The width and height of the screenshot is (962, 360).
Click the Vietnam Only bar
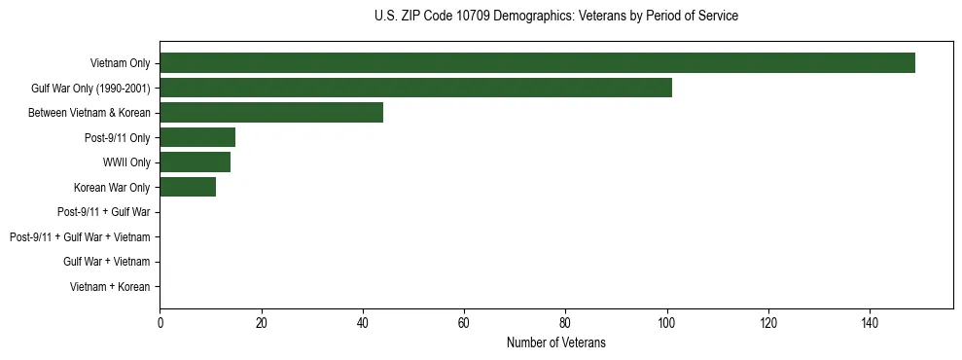537,63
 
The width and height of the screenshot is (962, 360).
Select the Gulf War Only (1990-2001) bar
415,88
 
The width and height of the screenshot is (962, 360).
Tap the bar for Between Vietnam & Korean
271,113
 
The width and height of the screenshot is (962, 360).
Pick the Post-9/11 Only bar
197,137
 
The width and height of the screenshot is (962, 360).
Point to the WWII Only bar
195,162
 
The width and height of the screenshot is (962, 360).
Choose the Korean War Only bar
188,187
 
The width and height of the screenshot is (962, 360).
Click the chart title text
555,17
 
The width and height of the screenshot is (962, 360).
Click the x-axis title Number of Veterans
555,342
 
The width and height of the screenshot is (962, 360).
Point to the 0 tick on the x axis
160,323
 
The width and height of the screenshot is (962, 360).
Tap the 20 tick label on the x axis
261,323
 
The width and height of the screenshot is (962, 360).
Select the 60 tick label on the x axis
464,323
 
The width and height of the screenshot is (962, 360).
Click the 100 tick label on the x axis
666,323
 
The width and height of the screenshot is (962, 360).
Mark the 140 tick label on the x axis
870,323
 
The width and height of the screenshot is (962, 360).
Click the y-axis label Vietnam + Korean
110,287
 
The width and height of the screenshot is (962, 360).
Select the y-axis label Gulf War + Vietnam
107,262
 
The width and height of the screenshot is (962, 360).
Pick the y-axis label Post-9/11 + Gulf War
104,212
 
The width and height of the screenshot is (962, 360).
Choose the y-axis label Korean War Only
112,187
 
